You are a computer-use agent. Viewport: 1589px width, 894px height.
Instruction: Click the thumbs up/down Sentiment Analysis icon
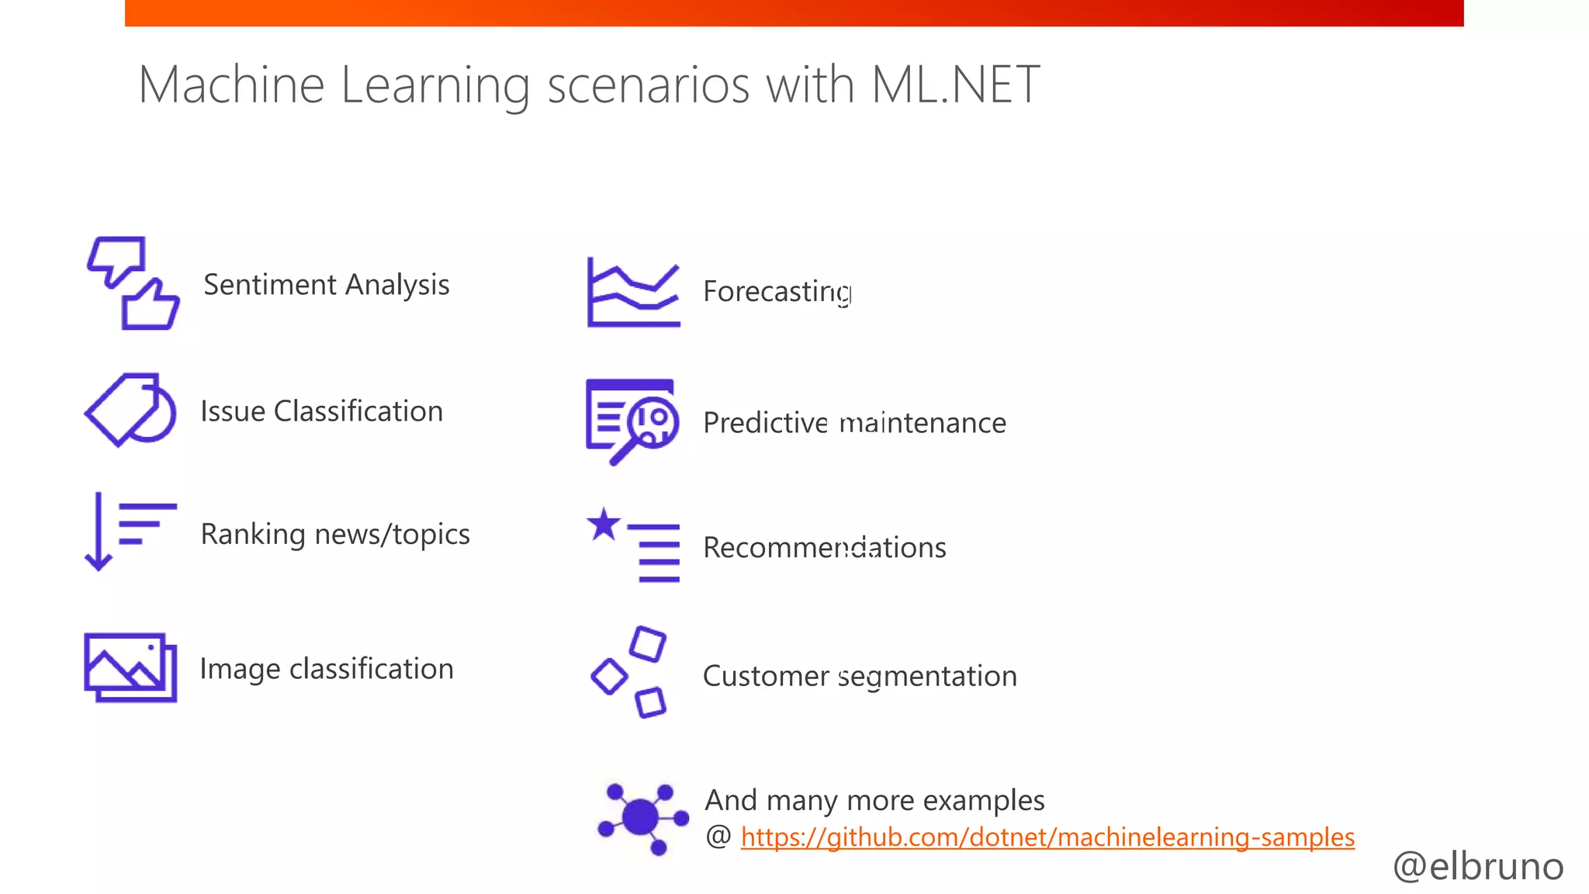pos(133,283)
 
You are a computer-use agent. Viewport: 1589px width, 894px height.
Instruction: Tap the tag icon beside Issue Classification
pos(130,410)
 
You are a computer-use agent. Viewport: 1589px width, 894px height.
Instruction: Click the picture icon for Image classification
pos(130,667)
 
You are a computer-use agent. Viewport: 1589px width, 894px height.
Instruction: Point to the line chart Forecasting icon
pos(633,293)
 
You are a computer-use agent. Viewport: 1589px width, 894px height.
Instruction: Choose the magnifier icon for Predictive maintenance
pos(632,421)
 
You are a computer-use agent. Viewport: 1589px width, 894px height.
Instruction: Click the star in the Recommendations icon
pos(604,525)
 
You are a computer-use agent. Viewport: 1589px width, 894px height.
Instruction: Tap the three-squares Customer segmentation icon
pos(630,672)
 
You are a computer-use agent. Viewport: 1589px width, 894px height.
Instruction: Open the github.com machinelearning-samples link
pos(1047,837)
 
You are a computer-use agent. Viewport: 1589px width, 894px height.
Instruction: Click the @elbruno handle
pos(1477,866)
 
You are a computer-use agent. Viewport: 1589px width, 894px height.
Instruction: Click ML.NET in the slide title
pos(954,85)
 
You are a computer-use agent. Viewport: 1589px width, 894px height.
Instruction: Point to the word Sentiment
pos(270,285)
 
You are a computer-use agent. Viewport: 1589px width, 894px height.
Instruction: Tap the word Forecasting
pos(777,292)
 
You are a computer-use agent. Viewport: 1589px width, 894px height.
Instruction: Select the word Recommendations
pos(824,548)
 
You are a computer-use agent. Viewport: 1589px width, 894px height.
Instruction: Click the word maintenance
pos(923,423)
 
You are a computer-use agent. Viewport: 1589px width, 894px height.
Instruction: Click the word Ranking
pos(253,535)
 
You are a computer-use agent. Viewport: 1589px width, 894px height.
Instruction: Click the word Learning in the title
pos(434,85)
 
